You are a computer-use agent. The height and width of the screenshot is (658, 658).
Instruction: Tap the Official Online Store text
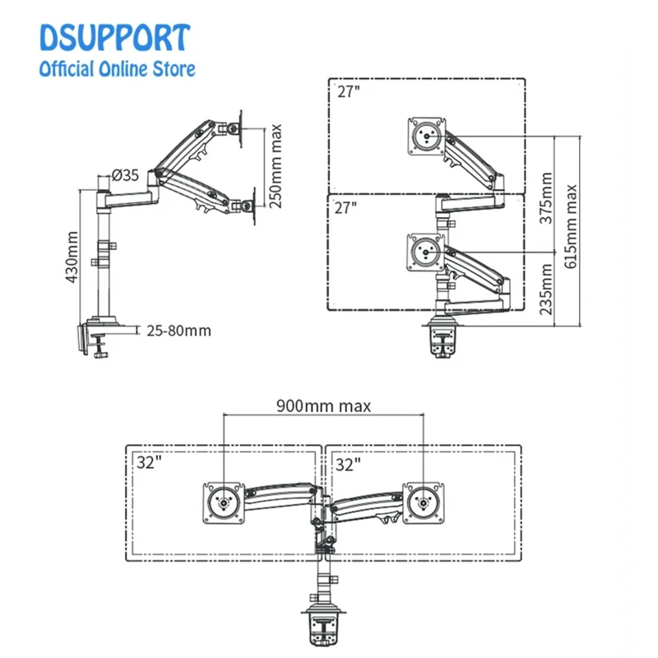[118, 69]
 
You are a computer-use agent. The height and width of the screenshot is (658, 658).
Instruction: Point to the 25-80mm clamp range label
[178, 331]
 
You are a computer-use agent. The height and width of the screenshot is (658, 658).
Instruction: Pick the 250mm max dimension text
[276, 165]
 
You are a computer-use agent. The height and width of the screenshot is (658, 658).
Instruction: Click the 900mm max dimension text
[323, 405]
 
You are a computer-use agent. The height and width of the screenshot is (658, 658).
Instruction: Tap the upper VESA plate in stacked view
[426, 135]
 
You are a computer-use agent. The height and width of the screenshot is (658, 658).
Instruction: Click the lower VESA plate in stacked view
[426, 250]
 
